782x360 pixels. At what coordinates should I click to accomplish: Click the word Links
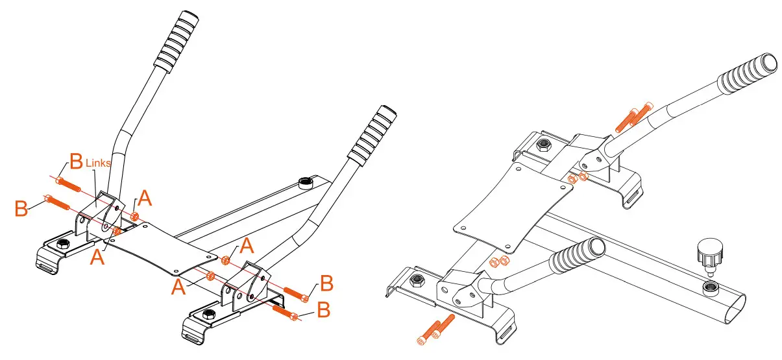point(99,163)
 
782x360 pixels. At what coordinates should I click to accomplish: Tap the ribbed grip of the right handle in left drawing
point(371,135)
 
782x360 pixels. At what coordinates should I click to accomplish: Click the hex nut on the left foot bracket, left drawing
point(63,244)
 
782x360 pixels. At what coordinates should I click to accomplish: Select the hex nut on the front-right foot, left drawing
point(210,315)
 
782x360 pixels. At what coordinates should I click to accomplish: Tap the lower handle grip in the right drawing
point(578,254)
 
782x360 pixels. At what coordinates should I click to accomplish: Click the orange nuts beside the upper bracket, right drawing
point(577,178)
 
